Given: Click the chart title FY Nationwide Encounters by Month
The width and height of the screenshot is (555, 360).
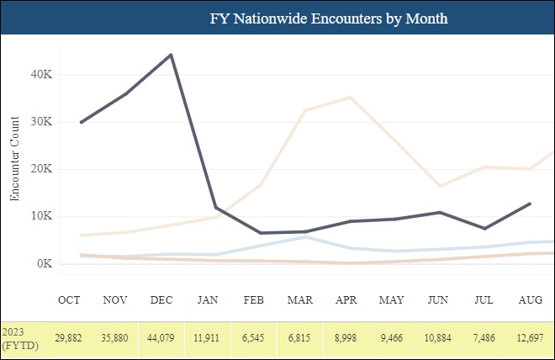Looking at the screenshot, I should click(328, 18).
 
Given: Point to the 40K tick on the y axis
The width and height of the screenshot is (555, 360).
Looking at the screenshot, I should click(42, 74).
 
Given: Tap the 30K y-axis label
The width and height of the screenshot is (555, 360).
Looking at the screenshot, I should click(42, 122).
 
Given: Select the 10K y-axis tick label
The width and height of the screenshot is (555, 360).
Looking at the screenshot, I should click(42, 216).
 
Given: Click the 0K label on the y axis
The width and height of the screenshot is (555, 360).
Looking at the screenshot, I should click(45, 264).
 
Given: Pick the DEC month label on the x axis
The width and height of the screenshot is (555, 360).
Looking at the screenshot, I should click(161, 299).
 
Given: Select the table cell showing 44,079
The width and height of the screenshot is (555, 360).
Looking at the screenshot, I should click(161, 337).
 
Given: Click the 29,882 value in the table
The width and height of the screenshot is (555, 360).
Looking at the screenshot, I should click(69, 337).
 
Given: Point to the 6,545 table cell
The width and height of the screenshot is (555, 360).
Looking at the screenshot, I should click(254, 337).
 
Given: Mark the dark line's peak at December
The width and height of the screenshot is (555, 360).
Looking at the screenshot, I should click(172, 55).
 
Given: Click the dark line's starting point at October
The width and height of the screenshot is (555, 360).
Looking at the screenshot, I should click(81, 122).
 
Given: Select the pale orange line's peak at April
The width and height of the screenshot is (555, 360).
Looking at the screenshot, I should click(350, 98).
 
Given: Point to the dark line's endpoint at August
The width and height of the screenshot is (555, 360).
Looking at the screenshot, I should click(529, 204).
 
